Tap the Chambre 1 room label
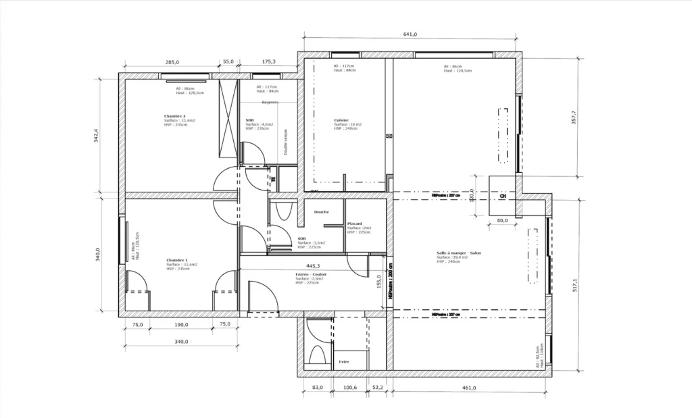tap(177, 260)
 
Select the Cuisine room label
tap(341, 120)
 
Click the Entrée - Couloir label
tap(311, 275)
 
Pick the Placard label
tap(355, 224)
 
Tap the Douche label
tap(322, 212)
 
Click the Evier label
tap(344, 362)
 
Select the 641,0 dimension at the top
tap(410, 34)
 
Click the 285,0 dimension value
tap(172, 62)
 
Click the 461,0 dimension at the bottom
tap(469, 388)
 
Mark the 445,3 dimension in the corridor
tap(313, 266)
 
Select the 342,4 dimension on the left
tap(97, 136)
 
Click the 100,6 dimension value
tap(349, 388)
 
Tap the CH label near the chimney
tap(502, 197)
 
